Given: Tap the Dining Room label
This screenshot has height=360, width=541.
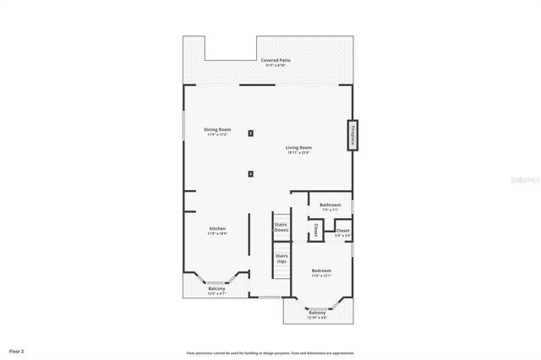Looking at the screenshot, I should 218,129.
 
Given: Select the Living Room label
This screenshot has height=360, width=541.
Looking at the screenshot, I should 299,147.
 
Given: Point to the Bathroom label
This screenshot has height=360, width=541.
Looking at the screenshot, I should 331,205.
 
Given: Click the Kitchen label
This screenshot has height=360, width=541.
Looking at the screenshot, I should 217,228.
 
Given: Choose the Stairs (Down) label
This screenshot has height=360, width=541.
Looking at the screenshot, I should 281,227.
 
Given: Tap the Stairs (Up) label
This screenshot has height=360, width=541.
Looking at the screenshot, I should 281,258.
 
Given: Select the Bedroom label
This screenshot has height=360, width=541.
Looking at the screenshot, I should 320,271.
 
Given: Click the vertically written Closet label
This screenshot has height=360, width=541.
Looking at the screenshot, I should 314,229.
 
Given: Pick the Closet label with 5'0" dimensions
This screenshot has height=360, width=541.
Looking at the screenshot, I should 343,230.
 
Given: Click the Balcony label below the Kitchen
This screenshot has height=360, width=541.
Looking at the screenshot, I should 217,289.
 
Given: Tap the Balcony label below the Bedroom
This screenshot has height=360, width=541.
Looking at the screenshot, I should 317,313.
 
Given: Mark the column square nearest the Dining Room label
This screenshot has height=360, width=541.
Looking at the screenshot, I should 250,134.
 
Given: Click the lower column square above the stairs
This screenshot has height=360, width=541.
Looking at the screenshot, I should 250,174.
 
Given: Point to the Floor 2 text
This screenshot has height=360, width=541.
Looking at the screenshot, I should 17,350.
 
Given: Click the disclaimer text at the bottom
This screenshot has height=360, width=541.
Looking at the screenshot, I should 270,352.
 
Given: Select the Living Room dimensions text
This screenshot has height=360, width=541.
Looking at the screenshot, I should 299,152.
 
